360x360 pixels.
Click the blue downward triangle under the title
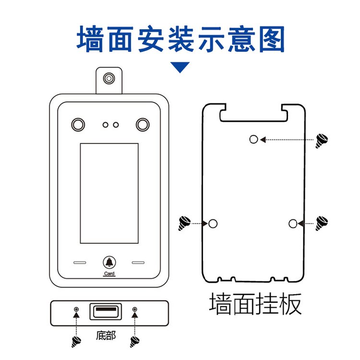pos(181,67)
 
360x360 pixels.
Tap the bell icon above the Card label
pos(109,263)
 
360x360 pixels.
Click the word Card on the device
pos(109,274)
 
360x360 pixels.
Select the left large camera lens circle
pos(77,124)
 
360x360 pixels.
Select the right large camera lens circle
pos(142,124)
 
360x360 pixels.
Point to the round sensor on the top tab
pos(109,78)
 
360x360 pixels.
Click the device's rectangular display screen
pos(109,193)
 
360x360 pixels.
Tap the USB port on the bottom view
pos(105,312)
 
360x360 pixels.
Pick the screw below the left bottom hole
pos(76,342)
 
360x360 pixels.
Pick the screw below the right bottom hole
pos(135,342)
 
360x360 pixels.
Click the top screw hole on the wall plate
pos(254,139)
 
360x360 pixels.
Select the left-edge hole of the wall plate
pos(213,223)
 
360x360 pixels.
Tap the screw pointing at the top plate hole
pos(321,140)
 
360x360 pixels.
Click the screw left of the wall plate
pos(184,223)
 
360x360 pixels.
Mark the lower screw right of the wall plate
pos(321,223)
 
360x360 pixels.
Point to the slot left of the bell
pos(80,263)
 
